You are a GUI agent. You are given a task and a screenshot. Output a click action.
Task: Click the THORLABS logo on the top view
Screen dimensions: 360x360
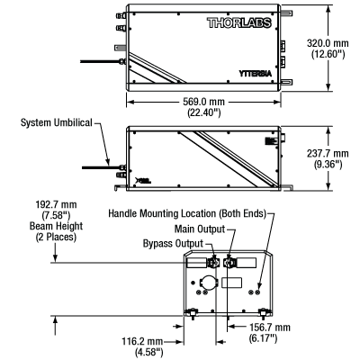click(239, 23)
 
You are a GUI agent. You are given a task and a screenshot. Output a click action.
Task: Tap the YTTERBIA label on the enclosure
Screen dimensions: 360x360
click(256, 74)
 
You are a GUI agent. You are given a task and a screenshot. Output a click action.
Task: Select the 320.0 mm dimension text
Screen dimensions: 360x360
click(328, 43)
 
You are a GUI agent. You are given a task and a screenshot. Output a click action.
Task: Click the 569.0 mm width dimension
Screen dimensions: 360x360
click(203, 102)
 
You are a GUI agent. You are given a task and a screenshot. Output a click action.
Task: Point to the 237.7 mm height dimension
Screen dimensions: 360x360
click(328, 153)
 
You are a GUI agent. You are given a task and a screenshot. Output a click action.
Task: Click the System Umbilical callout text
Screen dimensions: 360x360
click(57, 122)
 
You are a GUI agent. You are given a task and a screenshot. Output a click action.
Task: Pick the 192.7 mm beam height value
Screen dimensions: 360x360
click(56, 204)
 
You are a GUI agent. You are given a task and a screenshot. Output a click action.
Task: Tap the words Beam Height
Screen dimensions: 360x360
click(56, 226)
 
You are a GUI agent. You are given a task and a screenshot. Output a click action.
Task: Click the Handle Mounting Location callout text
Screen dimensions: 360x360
click(187, 213)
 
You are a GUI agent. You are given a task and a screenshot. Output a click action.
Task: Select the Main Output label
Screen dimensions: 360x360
click(200, 229)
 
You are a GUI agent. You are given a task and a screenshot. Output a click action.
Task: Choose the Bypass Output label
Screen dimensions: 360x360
click(173, 243)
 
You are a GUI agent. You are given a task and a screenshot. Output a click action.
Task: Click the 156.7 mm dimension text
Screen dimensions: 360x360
click(270, 327)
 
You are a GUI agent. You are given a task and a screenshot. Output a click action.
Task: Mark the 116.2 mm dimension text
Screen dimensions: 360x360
click(142, 341)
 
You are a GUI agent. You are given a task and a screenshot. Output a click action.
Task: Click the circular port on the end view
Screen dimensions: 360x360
click(207, 282)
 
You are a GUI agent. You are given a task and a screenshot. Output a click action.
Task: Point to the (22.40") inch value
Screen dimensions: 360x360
click(204, 112)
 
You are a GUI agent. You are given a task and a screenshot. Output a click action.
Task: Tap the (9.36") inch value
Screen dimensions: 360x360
click(328, 165)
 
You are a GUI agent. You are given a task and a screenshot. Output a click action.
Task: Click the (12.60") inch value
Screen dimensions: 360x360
click(328, 54)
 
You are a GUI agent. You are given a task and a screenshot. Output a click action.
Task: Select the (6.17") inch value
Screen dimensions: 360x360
click(263, 338)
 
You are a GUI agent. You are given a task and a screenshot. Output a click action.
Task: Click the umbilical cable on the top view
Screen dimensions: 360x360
click(100, 61)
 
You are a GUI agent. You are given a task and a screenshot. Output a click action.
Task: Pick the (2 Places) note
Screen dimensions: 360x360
click(56, 237)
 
